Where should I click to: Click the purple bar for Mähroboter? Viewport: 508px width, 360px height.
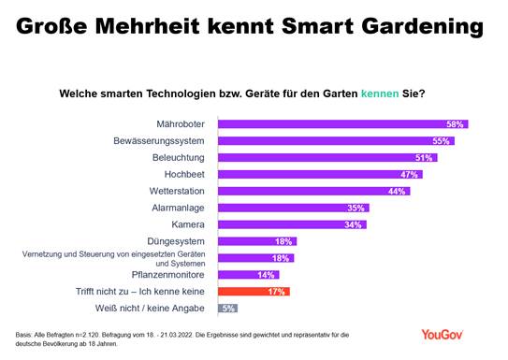[341, 123]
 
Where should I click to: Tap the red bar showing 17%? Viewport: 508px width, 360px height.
[254, 291]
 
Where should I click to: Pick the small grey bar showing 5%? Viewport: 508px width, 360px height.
[227, 308]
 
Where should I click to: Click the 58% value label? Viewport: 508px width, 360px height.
[457, 123]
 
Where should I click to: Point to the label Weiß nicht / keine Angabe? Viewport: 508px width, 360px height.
[154, 308]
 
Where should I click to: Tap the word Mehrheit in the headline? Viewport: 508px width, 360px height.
[138, 21]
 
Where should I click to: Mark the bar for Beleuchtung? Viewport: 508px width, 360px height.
[327, 157]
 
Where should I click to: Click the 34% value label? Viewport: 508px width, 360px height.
[355, 224]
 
